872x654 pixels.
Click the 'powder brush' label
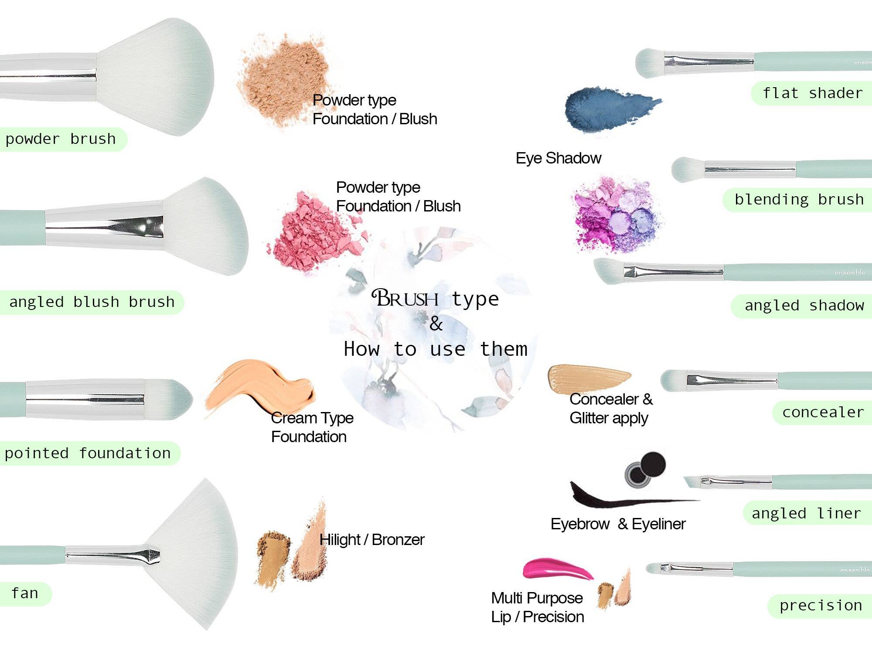(x=61, y=139)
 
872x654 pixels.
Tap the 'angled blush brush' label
(x=92, y=302)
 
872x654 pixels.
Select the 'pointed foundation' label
(x=88, y=453)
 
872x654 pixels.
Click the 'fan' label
(x=25, y=593)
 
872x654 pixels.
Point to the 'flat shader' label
(x=812, y=93)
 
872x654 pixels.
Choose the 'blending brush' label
(x=799, y=199)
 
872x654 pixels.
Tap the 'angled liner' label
(x=806, y=513)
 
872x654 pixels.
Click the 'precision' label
(x=821, y=605)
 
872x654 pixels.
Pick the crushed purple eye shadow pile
(x=617, y=216)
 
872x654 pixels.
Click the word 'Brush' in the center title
(x=405, y=299)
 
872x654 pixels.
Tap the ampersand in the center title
(x=436, y=324)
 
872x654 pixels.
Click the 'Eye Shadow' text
(x=558, y=158)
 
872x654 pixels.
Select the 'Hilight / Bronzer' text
(x=371, y=540)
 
